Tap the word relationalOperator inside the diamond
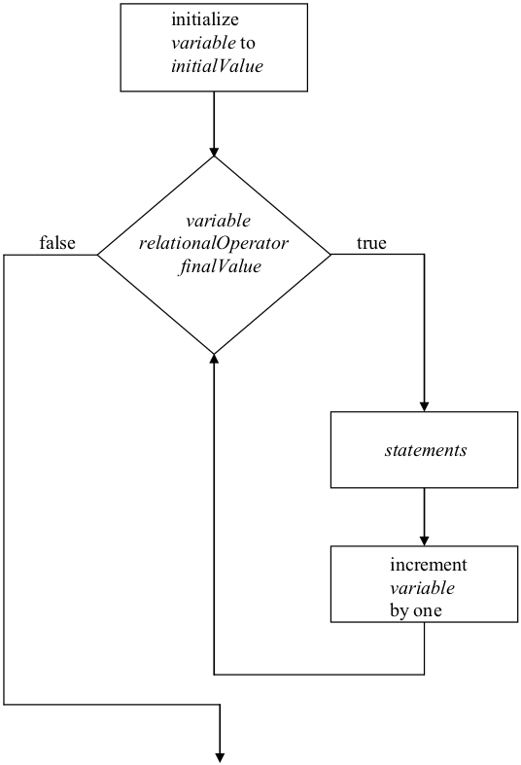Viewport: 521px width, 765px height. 214,244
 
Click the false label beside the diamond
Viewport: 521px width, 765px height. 57,243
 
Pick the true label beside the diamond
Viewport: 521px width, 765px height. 371,243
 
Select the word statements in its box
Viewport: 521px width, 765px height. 426,450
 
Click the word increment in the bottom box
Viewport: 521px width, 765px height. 429,566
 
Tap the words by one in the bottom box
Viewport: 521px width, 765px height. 417,610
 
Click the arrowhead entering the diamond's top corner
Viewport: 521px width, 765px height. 214,152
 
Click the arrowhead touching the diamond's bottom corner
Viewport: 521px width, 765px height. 214,358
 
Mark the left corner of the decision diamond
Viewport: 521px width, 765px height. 98,255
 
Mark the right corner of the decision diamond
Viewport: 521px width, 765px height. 330,255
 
